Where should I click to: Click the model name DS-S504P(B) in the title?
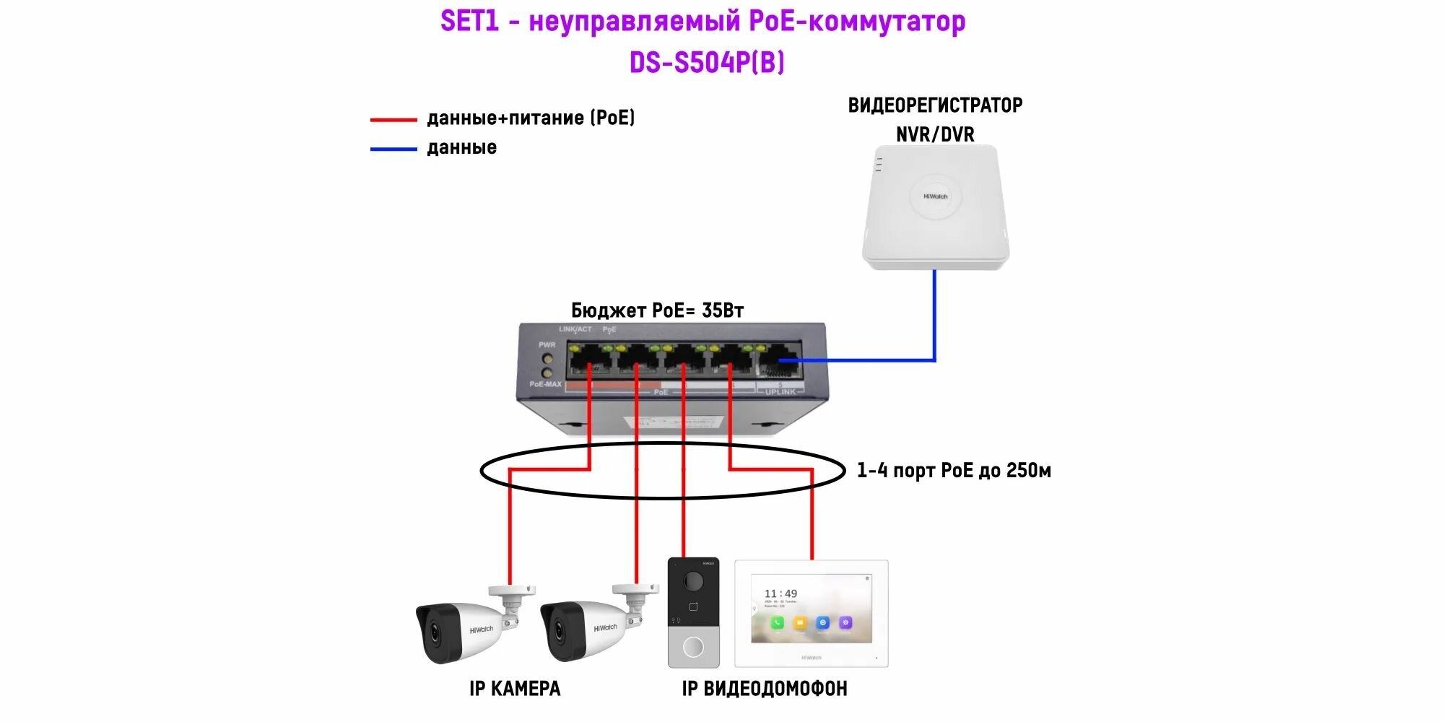pyautogui.click(x=707, y=63)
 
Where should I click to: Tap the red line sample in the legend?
pyautogui.click(x=393, y=119)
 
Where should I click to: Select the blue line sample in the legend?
pyautogui.click(x=393, y=149)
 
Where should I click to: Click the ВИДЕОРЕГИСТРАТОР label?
pyautogui.click(x=935, y=105)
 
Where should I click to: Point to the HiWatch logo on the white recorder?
pyautogui.click(x=935, y=196)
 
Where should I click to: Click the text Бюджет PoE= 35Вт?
pyautogui.click(x=657, y=310)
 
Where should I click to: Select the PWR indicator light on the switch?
pyautogui.click(x=547, y=359)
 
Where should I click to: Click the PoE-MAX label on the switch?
pyautogui.click(x=545, y=384)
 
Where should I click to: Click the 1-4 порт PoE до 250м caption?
pyautogui.click(x=953, y=471)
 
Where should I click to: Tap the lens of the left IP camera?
pyautogui.click(x=436, y=632)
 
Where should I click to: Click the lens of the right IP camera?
pyautogui.click(x=560, y=631)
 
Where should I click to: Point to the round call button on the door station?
pyautogui.click(x=693, y=647)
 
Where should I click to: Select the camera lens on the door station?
pyautogui.click(x=693, y=580)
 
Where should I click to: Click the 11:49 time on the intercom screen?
pyautogui.click(x=780, y=593)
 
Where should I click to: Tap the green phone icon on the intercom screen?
pyautogui.click(x=777, y=622)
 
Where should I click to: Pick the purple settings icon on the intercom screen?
pyautogui.click(x=845, y=622)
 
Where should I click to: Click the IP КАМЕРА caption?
pyautogui.click(x=514, y=689)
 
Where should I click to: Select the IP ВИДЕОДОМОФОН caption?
pyautogui.click(x=764, y=689)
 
